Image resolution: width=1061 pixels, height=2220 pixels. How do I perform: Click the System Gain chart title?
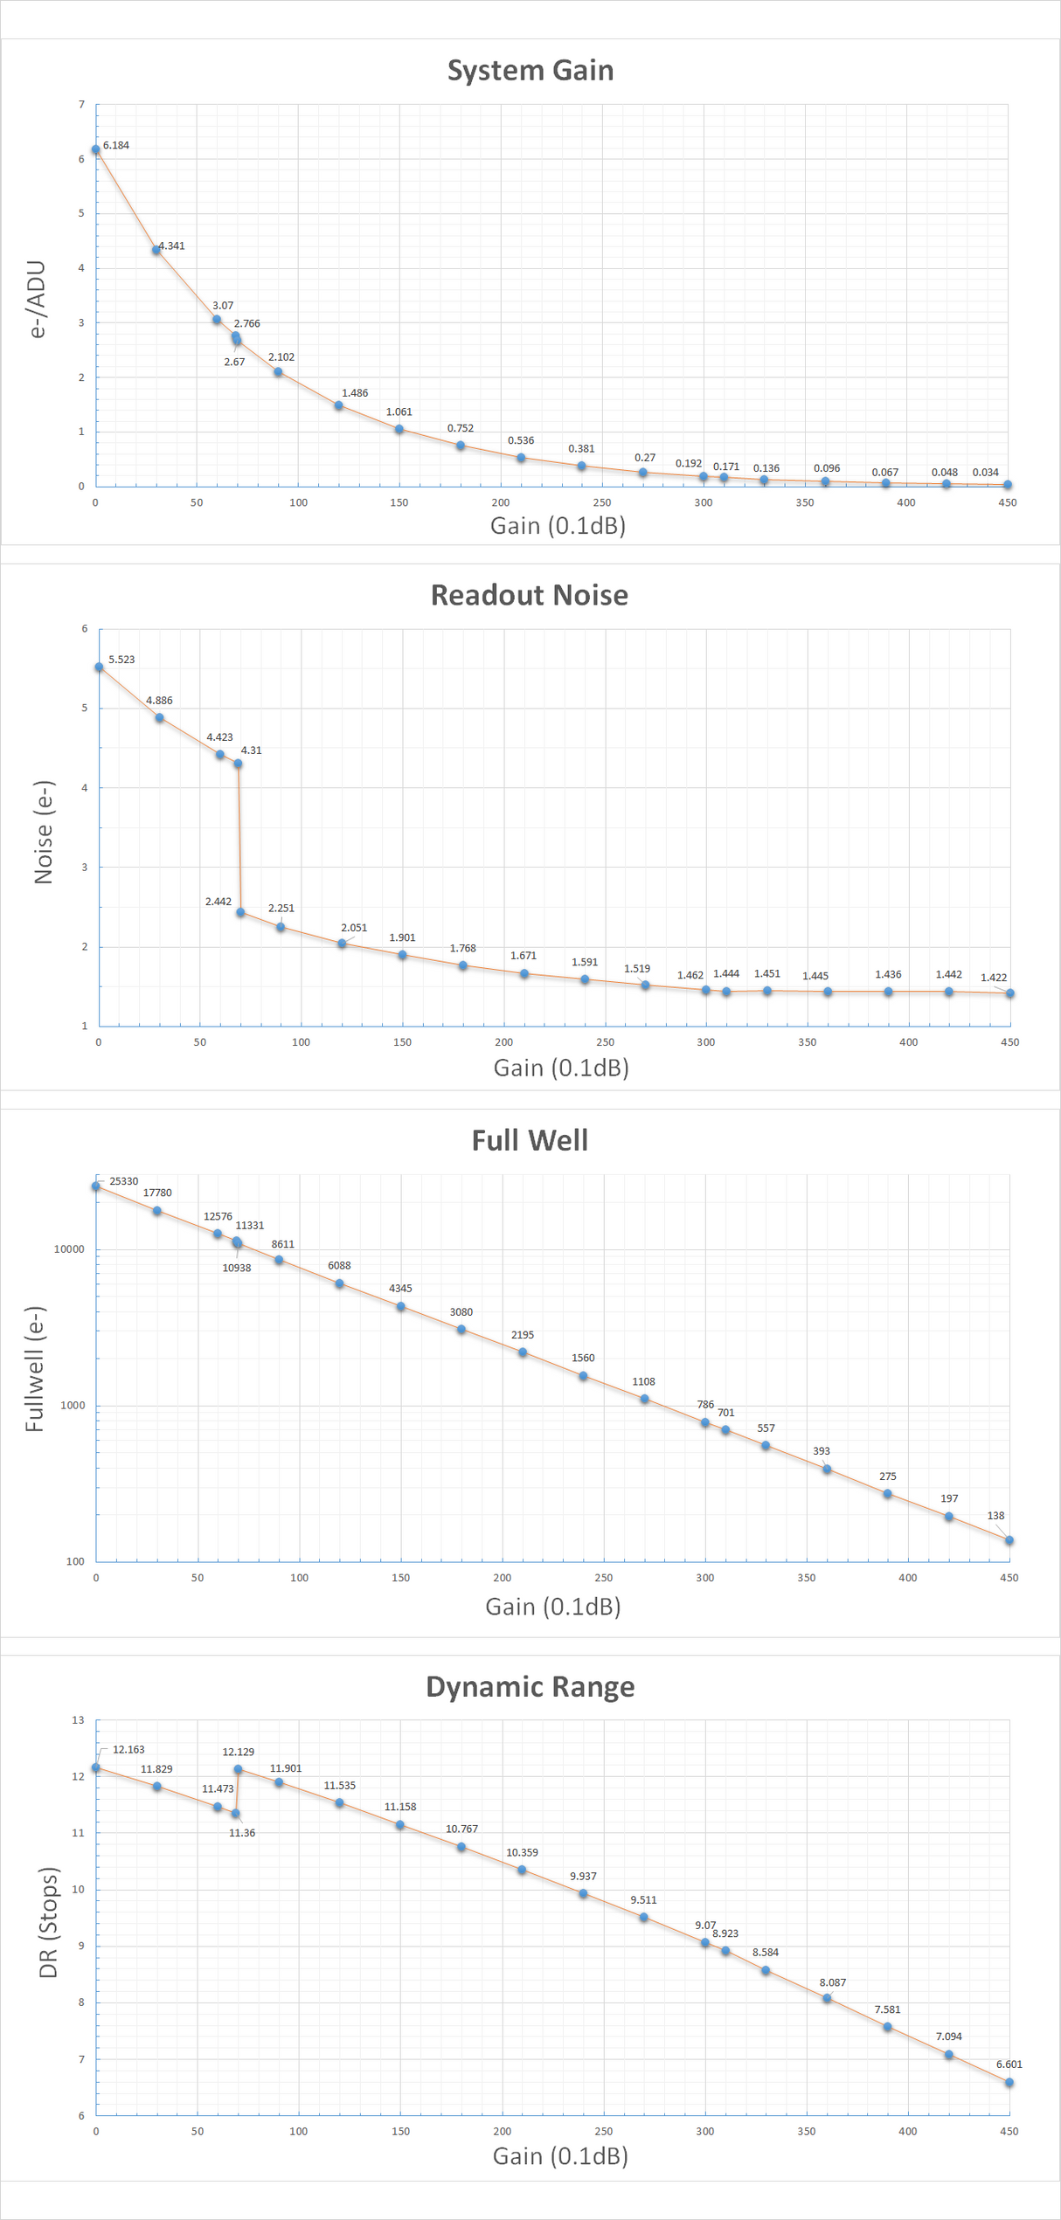click(530, 70)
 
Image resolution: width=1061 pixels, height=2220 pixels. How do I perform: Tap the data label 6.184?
click(115, 145)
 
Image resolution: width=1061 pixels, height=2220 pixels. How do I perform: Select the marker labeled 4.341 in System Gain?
click(156, 250)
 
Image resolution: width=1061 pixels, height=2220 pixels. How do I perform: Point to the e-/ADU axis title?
click(37, 299)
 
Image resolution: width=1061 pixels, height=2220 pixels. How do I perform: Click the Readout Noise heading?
click(529, 595)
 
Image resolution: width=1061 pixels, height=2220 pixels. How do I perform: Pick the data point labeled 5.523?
click(99, 667)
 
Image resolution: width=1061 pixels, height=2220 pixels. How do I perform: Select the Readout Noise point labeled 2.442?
click(240, 912)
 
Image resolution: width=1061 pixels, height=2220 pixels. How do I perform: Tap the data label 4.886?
click(159, 701)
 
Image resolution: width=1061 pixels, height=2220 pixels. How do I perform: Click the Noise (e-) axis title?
click(44, 832)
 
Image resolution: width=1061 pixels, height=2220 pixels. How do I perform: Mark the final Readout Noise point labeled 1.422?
click(1010, 993)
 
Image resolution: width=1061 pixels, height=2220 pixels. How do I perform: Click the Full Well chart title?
click(530, 1140)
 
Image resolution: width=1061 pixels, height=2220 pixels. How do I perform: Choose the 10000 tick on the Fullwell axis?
click(69, 1249)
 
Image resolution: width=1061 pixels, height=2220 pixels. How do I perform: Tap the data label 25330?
click(123, 1181)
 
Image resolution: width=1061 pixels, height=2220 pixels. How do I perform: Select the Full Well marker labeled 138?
click(1009, 1540)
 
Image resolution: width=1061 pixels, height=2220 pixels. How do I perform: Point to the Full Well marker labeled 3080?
click(461, 1330)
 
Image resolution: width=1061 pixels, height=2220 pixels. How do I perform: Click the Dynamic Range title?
click(530, 1686)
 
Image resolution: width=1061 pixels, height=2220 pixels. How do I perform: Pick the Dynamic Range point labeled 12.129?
click(238, 1769)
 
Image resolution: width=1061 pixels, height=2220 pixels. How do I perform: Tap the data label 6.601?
click(1009, 2064)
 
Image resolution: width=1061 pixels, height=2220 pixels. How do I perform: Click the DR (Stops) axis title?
click(48, 1923)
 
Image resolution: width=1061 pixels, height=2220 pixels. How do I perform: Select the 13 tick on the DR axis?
click(79, 1720)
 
